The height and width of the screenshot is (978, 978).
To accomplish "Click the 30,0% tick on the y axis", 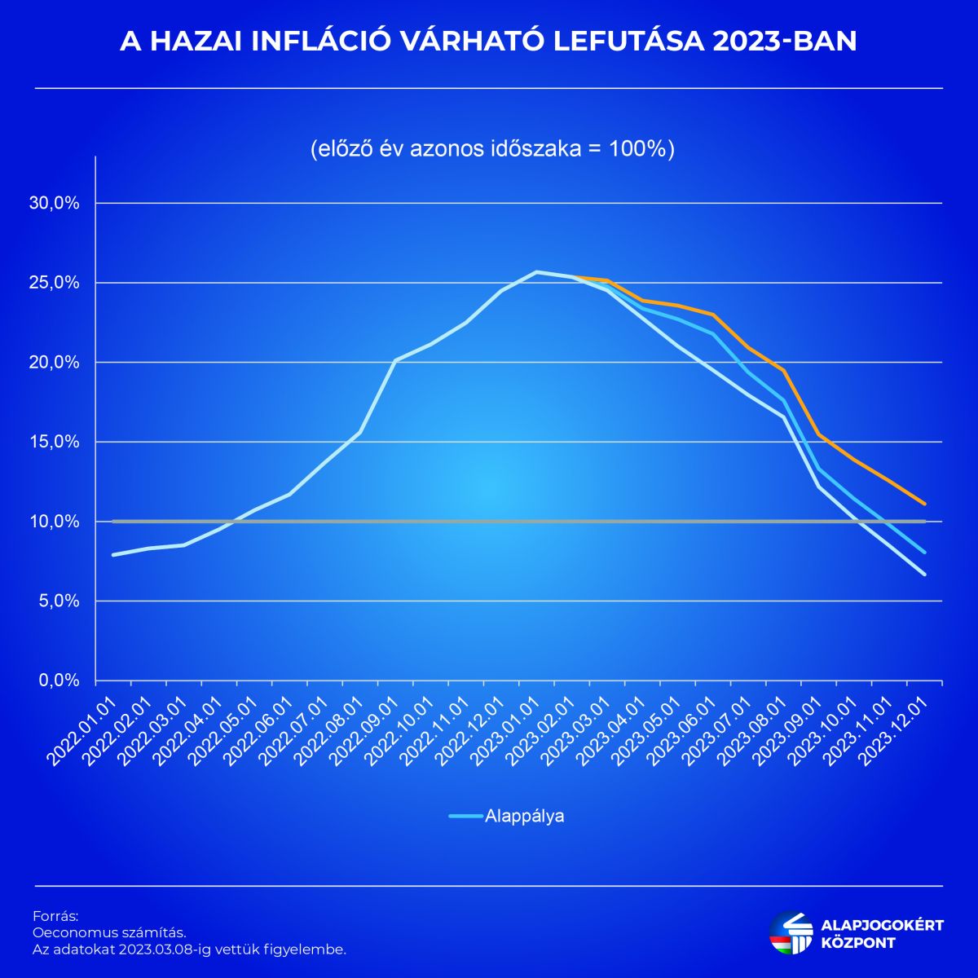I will [55, 203].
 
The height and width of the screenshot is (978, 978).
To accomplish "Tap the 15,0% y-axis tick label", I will [55, 442].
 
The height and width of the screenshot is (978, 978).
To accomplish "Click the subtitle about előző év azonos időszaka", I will [492, 150].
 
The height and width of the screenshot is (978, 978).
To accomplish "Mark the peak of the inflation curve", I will [536, 272].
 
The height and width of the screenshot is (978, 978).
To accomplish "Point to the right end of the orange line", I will [924, 504].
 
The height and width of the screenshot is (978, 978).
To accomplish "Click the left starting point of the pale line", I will [113, 555].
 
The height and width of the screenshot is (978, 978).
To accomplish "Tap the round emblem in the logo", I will [791, 932].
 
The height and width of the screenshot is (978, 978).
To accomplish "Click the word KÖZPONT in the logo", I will [858, 943].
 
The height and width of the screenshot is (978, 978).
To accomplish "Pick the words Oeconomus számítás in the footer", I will [109, 932].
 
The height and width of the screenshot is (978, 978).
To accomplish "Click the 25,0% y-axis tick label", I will [55, 283].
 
